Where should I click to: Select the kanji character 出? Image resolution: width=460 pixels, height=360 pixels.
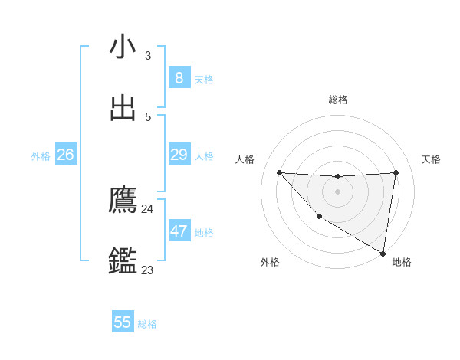[123, 108]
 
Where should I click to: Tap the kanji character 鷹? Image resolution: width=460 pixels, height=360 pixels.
[123, 200]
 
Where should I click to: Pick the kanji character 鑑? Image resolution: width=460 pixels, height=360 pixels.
[123, 261]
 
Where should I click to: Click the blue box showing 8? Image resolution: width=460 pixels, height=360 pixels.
[179, 77]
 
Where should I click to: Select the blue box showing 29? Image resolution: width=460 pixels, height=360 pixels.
[179, 155]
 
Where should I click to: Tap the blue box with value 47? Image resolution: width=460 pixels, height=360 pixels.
[179, 231]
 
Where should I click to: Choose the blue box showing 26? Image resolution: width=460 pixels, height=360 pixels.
[65, 155]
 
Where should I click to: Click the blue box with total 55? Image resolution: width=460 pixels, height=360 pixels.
[123, 322]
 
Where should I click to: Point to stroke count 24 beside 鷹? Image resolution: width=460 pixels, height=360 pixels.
[147, 208]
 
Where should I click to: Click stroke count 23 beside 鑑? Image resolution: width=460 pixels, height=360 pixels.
[147, 270]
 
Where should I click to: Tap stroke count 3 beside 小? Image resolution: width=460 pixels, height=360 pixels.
[147, 55]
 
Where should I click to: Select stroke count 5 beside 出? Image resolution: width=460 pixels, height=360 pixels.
[147, 116]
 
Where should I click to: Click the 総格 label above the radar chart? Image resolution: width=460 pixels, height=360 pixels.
[338, 100]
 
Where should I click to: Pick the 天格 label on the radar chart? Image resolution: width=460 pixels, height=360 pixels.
[432, 159]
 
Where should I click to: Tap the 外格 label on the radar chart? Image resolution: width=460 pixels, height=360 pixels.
[270, 262]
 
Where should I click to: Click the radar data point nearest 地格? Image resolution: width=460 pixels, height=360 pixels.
[383, 253]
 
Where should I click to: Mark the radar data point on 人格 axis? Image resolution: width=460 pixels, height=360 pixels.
[279, 172]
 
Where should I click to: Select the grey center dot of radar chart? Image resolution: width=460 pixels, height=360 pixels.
[337, 191]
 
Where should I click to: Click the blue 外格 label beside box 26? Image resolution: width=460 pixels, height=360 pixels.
[41, 156]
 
